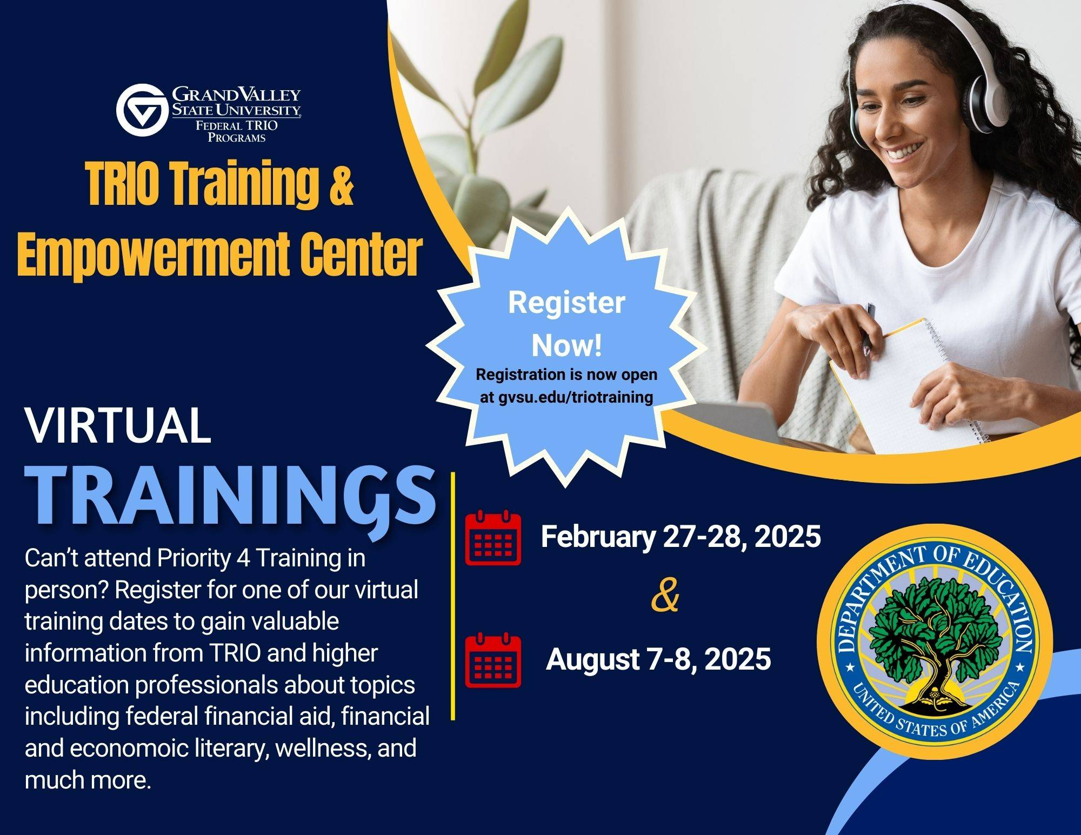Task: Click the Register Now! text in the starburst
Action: [x=566, y=324]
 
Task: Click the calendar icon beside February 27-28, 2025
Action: [x=493, y=539]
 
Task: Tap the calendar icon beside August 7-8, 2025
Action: [x=493, y=660]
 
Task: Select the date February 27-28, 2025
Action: [x=680, y=537]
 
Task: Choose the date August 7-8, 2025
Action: [x=658, y=659]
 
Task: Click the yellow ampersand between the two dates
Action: [x=665, y=597]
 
